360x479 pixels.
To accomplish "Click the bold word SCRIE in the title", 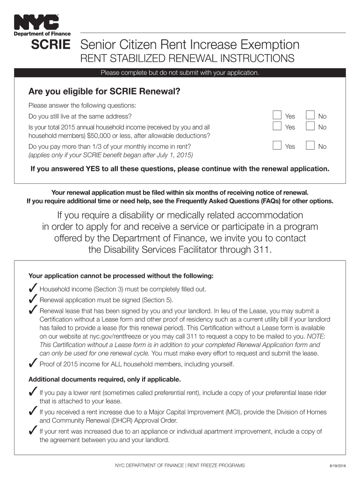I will pos(50,45).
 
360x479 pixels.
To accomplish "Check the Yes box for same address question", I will pos(277,116).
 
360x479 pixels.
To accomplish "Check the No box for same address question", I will pos(310,116).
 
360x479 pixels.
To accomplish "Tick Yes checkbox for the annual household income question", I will pos(277,126).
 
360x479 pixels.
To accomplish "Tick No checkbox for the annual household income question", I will pos(310,126).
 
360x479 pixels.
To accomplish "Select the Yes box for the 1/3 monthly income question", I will pos(277,146).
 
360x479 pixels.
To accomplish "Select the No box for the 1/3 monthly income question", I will pos(310,146).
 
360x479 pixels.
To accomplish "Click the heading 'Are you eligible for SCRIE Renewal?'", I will pos(104,91).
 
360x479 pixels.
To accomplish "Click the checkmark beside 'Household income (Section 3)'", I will pos(33,289).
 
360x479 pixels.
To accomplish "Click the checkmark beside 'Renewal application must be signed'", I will pos(33,299).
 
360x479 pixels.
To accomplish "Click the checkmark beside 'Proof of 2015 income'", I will pos(33,363).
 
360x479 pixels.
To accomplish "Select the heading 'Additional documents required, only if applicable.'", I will pos(104,379).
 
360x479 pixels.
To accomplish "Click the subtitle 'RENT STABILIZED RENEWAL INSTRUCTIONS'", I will pos(187,58).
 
